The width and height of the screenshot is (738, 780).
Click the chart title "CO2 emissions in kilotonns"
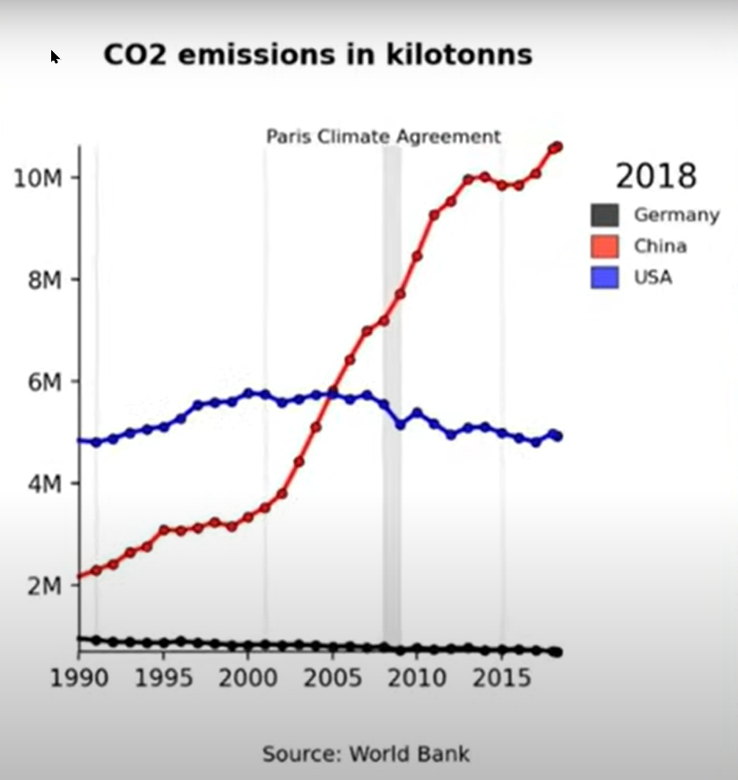click(x=317, y=55)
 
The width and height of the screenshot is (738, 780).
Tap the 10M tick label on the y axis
click(x=39, y=179)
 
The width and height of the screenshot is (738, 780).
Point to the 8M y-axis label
click(x=44, y=280)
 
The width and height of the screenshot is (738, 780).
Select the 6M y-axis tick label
click(x=44, y=382)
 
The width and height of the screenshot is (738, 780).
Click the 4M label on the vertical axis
click(x=44, y=484)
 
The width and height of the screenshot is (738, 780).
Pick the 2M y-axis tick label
click(x=44, y=586)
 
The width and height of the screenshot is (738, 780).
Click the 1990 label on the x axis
click(x=78, y=677)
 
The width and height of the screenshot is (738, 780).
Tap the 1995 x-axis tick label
click(x=163, y=677)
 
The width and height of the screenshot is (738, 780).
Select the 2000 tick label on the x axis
click(x=248, y=677)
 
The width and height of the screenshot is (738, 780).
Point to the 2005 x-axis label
click(x=332, y=677)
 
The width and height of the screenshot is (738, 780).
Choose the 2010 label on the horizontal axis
click(x=417, y=677)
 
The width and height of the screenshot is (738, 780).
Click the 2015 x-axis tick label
click(x=501, y=677)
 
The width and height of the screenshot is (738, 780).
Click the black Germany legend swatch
click(x=604, y=215)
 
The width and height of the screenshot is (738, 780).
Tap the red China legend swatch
click(x=604, y=246)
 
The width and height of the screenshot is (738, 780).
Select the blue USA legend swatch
click(x=604, y=277)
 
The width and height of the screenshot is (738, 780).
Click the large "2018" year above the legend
click(x=656, y=176)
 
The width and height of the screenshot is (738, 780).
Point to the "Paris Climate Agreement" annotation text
click(x=382, y=137)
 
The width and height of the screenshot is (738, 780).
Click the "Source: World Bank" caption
click(x=366, y=753)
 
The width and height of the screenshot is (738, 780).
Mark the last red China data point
click(x=557, y=147)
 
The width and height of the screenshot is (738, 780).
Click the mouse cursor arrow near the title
click(x=55, y=57)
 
